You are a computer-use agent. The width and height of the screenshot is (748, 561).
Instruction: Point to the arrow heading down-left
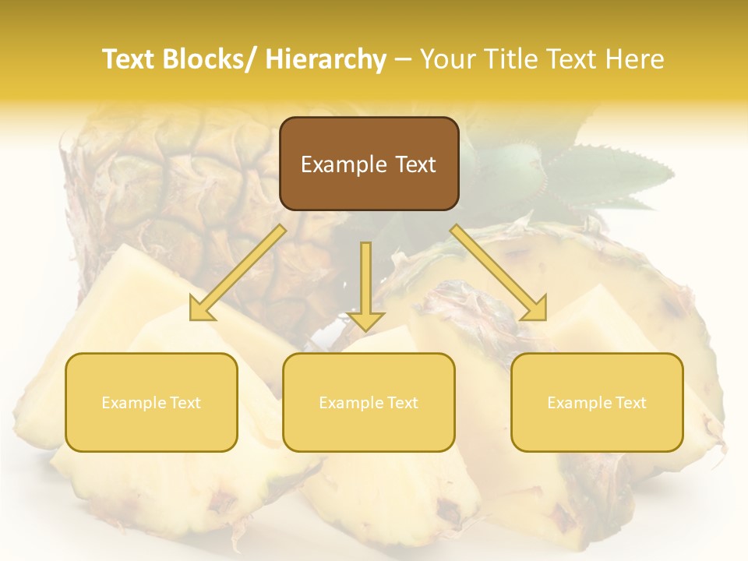point(238,273)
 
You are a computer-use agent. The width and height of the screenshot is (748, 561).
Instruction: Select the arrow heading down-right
point(499,273)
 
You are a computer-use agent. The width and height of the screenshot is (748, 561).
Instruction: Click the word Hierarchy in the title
point(326,59)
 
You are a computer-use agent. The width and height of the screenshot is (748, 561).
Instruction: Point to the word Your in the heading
point(447,59)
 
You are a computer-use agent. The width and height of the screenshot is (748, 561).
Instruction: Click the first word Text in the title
point(131,59)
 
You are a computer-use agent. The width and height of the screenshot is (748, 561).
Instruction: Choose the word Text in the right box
point(630,403)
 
